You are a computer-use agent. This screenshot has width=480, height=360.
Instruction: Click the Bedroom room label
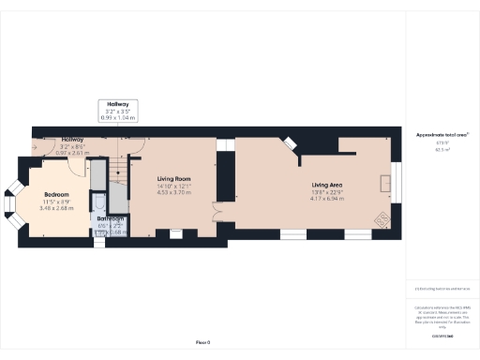(x=57, y=194)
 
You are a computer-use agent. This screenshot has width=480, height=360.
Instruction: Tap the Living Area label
(x=327, y=185)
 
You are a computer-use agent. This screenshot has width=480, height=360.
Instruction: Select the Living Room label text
(x=173, y=178)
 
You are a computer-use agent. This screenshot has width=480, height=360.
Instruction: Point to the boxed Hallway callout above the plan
(x=118, y=111)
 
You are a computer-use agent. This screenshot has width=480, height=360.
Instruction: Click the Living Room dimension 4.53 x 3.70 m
(x=173, y=191)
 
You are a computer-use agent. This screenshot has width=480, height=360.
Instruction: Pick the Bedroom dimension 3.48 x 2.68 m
(x=57, y=207)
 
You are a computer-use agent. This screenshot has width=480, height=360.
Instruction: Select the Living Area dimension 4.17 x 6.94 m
(x=327, y=198)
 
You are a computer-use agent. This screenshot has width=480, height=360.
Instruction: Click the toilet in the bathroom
(x=101, y=202)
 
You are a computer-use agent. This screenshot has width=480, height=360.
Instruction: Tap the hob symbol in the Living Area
(x=382, y=220)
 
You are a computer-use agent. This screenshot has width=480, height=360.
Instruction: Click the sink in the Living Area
(x=384, y=183)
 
